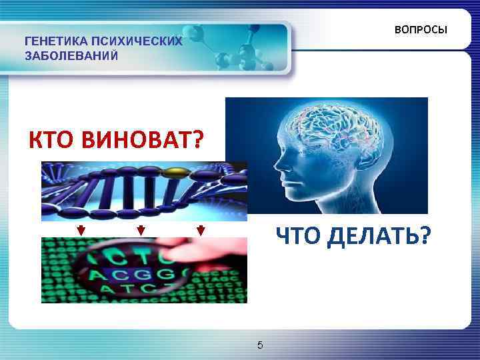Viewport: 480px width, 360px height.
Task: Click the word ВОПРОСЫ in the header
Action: click(x=421, y=31)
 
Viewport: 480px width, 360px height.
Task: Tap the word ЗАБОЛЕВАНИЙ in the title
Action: click(x=71, y=55)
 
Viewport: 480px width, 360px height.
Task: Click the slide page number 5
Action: click(x=260, y=345)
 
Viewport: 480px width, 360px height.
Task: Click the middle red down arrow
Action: click(x=141, y=231)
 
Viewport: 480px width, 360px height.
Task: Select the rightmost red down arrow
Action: click(x=200, y=231)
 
